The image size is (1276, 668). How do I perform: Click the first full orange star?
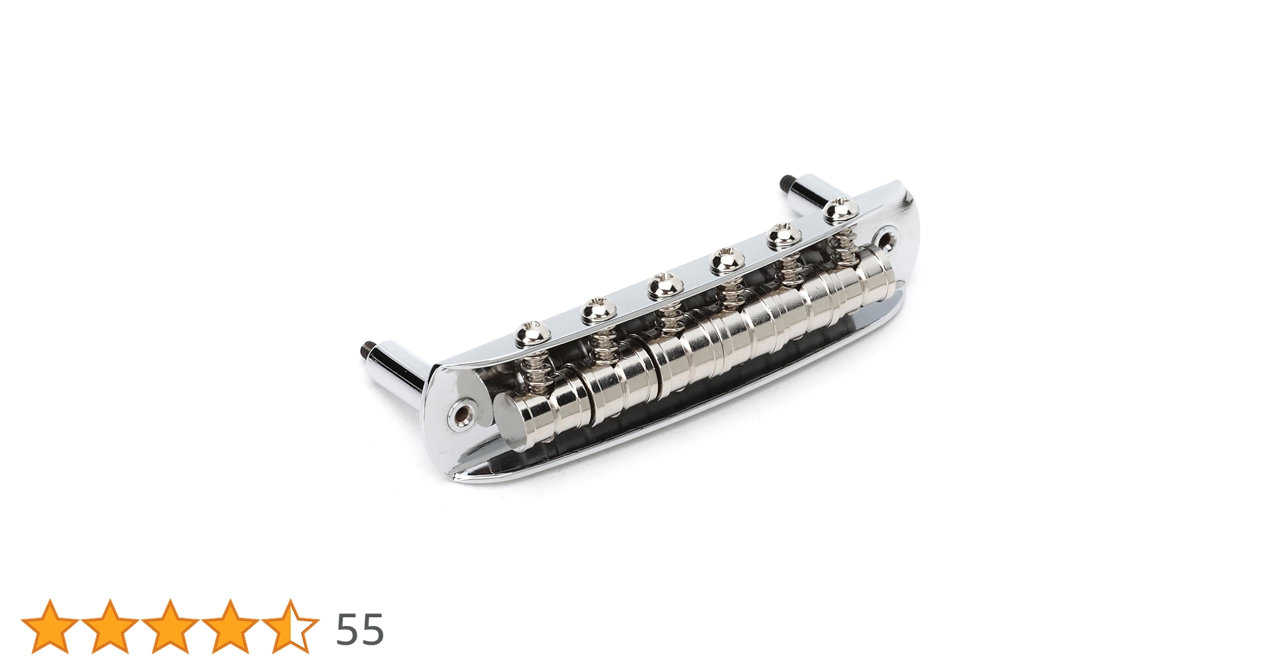(x=50, y=627)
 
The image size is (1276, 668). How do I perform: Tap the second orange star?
(x=110, y=627)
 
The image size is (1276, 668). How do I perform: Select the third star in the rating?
(x=170, y=627)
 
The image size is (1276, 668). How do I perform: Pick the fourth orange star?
(x=230, y=627)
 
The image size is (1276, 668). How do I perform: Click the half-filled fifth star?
(x=291, y=627)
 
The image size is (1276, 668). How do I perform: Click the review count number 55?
(x=359, y=629)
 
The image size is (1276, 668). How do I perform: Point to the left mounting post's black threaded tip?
(x=367, y=349)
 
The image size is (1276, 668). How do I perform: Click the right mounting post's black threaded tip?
(x=784, y=182)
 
